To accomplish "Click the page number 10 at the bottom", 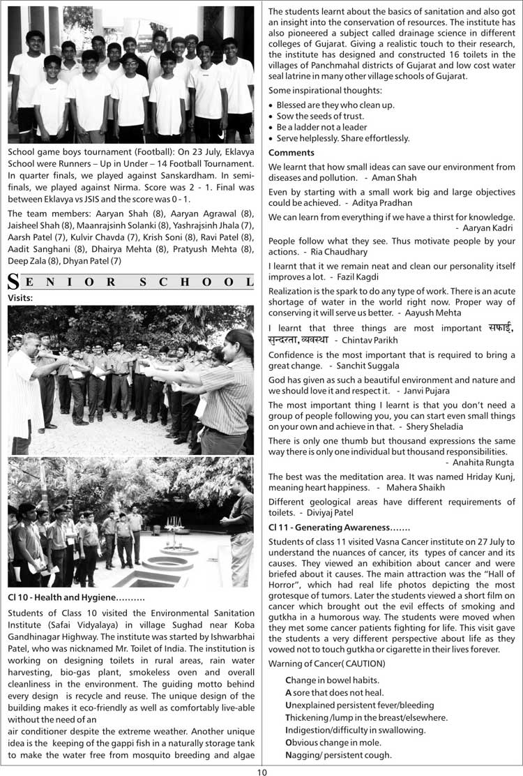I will [261, 770].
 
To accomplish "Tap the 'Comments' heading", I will [291, 152].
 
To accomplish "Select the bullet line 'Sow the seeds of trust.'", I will [319, 116].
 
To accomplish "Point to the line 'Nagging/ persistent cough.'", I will [338, 754].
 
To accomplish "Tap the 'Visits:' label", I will [21, 297].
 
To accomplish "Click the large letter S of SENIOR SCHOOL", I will [13, 283].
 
